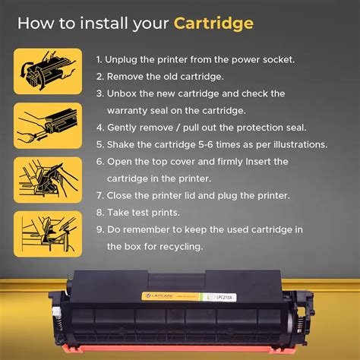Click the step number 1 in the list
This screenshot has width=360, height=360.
point(99,59)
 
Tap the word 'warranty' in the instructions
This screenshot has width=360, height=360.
point(131,110)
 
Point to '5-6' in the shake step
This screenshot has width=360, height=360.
point(204,144)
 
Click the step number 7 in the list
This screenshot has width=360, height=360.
point(99,195)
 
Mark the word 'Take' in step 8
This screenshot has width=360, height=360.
point(120,212)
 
